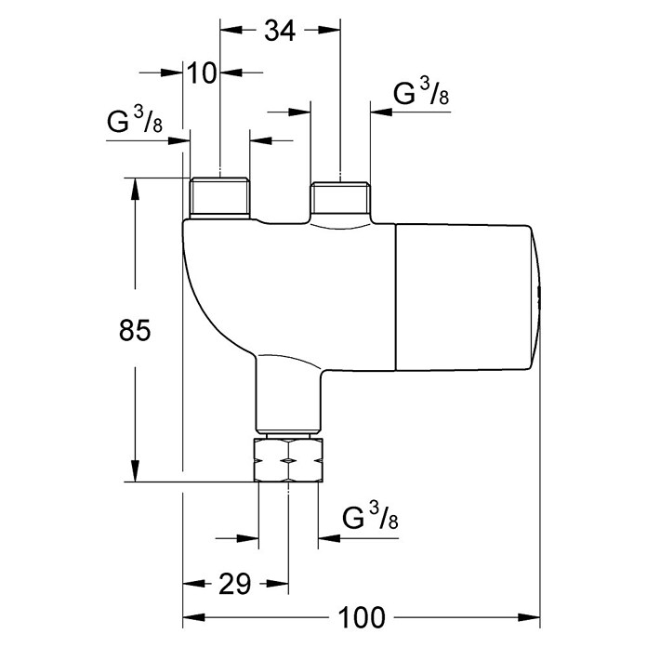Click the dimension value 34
coord(280,31)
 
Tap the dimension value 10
coord(202,73)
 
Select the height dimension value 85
coord(135,330)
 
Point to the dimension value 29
coord(234,584)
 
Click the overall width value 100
coord(362,617)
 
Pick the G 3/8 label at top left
coord(135,120)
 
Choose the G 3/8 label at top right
coord(421,92)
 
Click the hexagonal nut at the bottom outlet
coord(288,460)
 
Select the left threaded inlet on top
coord(219,198)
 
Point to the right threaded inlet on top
coord(340,198)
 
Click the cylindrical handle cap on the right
coord(468,297)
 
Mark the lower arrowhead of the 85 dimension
coord(135,470)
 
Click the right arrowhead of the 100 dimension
coord(529,617)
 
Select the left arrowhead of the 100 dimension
coord(194,617)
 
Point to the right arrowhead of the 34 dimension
coord(329,30)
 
